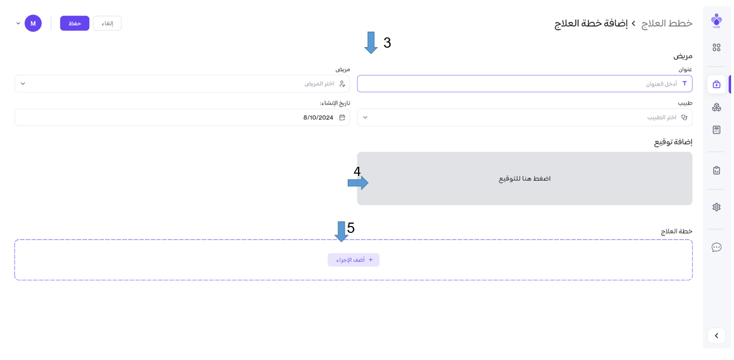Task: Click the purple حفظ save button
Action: pyautogui.click(x=75, y=23)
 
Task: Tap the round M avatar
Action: pyautogui.click(x=33, y=23)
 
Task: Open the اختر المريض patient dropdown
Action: pyautogui.click(x=182, y=84)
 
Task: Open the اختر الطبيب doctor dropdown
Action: pyautogui.click(x=524, y=117)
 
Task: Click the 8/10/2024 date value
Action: pyautogui.click(x=318, y=117)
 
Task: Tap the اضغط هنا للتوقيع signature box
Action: pyautogui.click(x=524, y=178)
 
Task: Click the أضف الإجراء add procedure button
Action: pyautogui.click(x=353, y=260)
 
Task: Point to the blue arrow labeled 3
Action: pyautogui.click(x=371, y=43)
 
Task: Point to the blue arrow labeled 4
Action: pyautogui.click(x=358, y=183)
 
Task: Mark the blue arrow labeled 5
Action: pyautogui.click(x=341, y=232)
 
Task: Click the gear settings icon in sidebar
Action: pyautogui.click(x=716, y=207)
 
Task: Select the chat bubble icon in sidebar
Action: pyautogui.click(x=716, y=247)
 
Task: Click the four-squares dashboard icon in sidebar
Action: pyautogui.click(x=716, y=48)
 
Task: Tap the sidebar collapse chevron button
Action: pyautogui.click(x=716, y=336)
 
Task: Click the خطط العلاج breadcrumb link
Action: pyautogui.click(x=667, y=24)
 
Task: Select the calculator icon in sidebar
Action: pyautogui.click(x=716, y=130)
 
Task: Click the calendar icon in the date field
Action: pyautogui.click(x=342, y=117)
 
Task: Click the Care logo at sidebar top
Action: pyautogui.click(x=716, y=21)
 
